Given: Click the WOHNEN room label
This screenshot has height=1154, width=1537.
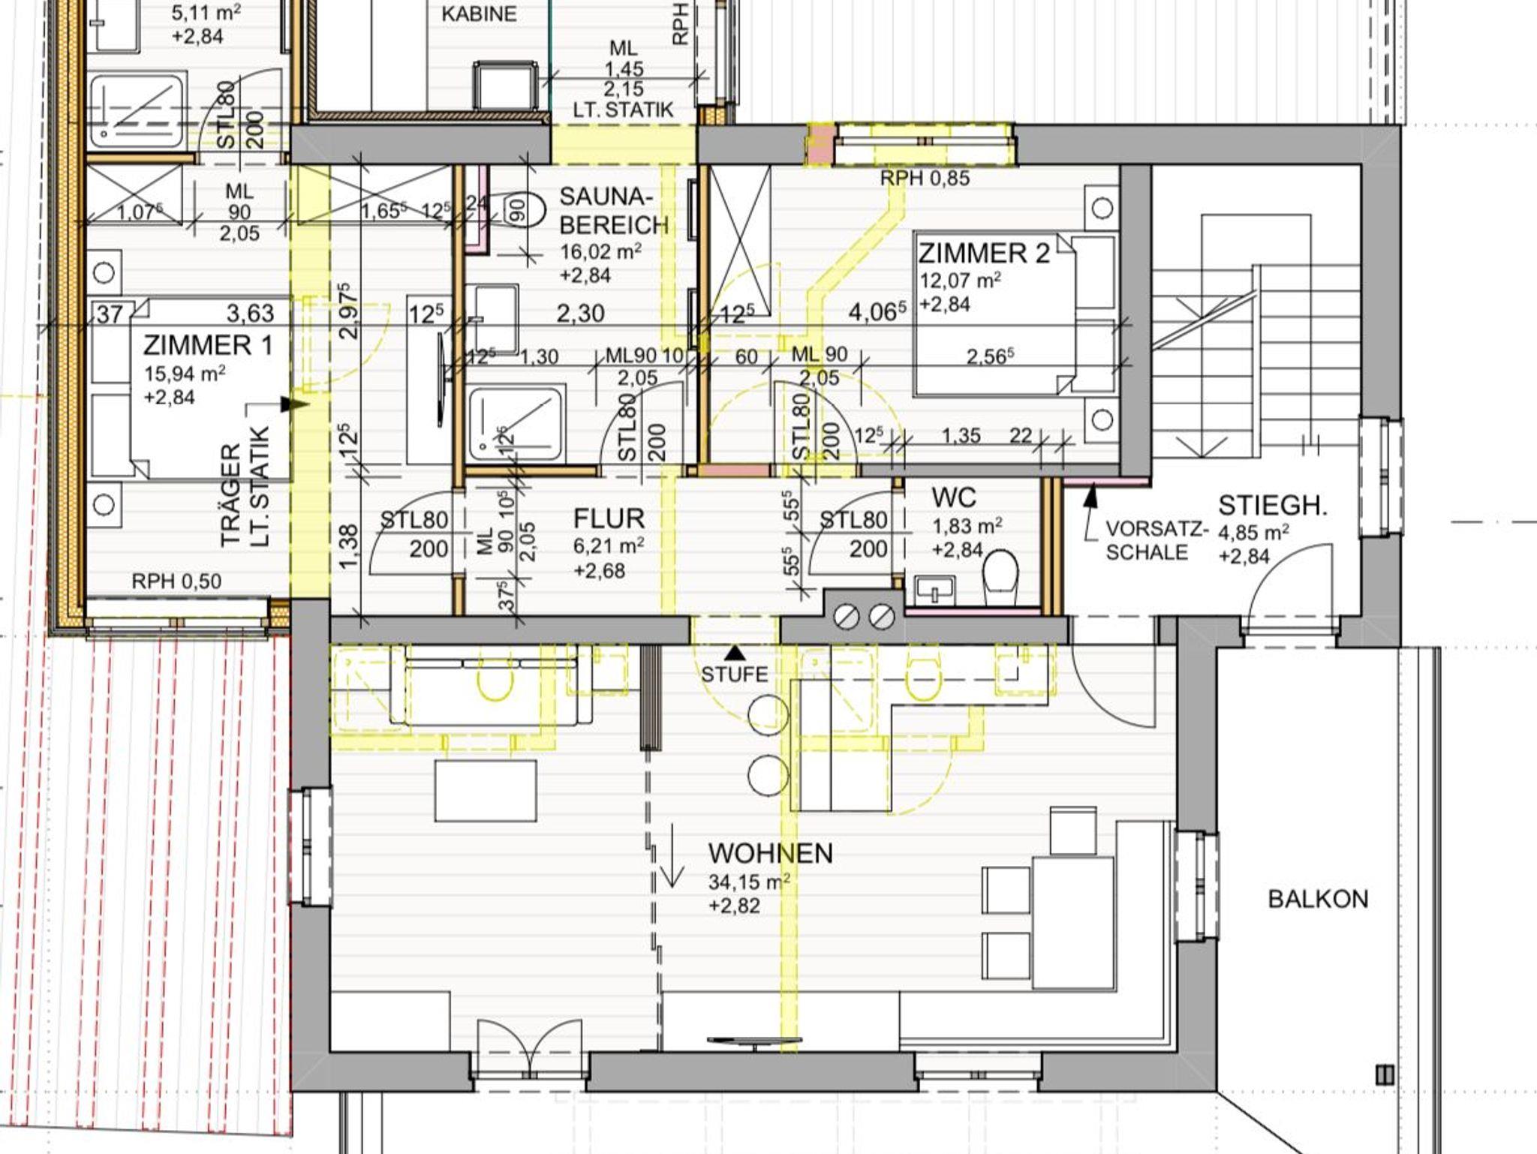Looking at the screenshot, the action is pyautogui.click(x=770, y=853).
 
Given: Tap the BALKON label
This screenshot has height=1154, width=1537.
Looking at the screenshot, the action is pyautogui.click(x=1318, y=899).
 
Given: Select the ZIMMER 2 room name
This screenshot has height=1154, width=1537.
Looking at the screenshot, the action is pyautogui.click(x=984, y=253).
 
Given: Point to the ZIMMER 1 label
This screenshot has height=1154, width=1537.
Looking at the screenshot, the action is pyautogui.click(x=207, y=345).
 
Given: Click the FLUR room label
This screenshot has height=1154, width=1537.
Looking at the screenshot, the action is pyautogui.click(x=609, y=518).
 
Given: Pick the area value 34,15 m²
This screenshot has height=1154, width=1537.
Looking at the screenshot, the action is pyautogui.click(x=749, y=881).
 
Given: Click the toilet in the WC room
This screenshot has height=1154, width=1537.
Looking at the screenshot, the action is pyautogui.click(x=1000, y=577).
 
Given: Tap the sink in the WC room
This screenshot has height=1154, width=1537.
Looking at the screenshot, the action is pyautogui.click(x=935, y=590).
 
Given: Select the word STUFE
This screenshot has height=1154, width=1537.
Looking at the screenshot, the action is pyautogui.click(x=735, y=675).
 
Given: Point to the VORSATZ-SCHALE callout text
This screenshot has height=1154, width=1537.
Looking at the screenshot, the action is pyautogui.click(x=1157, y=541).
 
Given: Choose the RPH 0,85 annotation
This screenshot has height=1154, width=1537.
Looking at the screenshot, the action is pyautogui.click(x=925, y=179).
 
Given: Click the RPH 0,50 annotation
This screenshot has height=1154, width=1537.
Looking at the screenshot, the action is pyautogui.click(x=176, y=582).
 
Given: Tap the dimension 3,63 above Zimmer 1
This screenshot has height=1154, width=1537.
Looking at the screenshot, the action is pyautogui.click(x=250, y=313).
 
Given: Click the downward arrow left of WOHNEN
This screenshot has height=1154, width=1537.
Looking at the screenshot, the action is pyautogui.click(x=671, y=855).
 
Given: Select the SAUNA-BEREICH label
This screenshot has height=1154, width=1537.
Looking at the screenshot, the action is pyautogui.click(x=614, y=211).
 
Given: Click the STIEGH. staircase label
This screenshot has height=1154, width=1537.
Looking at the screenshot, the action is pyautogui.click(x=1273, y=506).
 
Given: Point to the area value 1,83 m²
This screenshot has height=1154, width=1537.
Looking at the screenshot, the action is pyautogui.click(x=967, y=526).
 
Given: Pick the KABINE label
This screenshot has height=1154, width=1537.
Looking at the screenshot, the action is pyautogui.click(x=479, y=14).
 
